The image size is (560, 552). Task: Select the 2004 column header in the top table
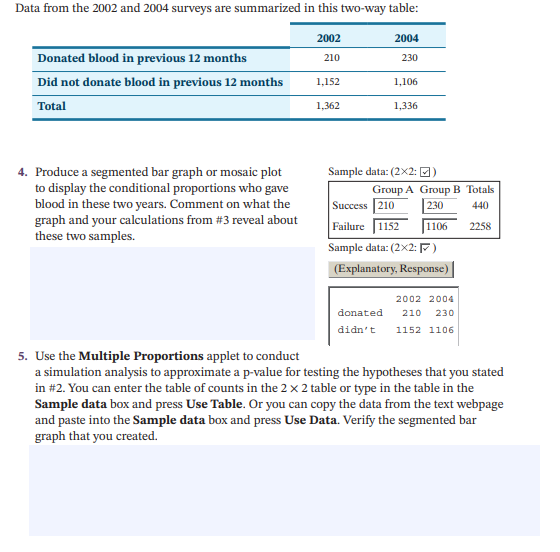(407, 38)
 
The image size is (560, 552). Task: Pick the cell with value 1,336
(406, 105)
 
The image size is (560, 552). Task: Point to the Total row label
(52, 105)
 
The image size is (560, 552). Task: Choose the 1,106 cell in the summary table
(406, 82)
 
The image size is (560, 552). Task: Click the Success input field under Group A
(391, 205)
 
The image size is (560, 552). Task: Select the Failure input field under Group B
(440, 226)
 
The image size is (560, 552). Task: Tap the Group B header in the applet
(440, 189)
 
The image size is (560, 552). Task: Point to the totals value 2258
(480, 226)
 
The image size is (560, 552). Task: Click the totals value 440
(480, 205)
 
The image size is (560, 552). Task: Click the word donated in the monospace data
(360, 313)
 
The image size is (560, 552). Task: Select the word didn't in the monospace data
(357, 329)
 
